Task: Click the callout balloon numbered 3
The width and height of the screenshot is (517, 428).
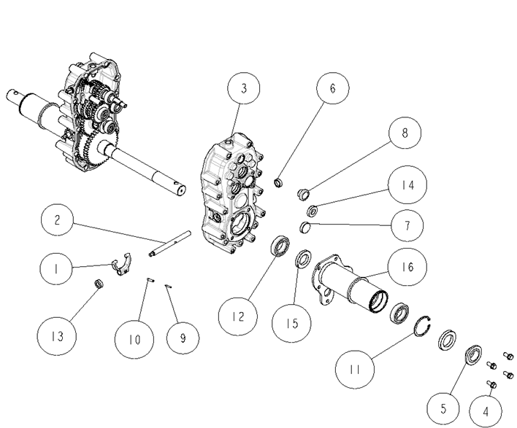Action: point(244,88)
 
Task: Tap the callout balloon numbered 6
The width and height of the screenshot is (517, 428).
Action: point(332,88)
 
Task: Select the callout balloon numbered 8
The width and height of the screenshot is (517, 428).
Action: point(405,133)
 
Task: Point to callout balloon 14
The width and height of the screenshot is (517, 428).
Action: point(407,184)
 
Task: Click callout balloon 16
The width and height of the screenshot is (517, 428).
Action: point(407,266)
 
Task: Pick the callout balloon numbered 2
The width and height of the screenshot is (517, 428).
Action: point(57,220)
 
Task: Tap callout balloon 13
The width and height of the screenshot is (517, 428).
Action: point(57,336)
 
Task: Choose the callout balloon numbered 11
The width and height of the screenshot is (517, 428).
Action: point(355,370)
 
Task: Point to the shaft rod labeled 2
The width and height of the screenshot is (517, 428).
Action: point(170,244)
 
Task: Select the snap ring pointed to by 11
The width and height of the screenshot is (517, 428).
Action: point(423,326)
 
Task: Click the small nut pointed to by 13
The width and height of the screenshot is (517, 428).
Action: point(99,283)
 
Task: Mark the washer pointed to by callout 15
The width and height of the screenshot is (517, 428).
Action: point(303,259)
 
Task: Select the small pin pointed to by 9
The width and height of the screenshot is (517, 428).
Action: point(168,286)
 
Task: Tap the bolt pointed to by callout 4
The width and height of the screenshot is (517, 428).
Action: point(491,384)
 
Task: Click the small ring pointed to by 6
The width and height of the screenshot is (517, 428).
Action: point(279,182)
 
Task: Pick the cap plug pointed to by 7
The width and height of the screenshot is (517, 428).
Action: point(305,227)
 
